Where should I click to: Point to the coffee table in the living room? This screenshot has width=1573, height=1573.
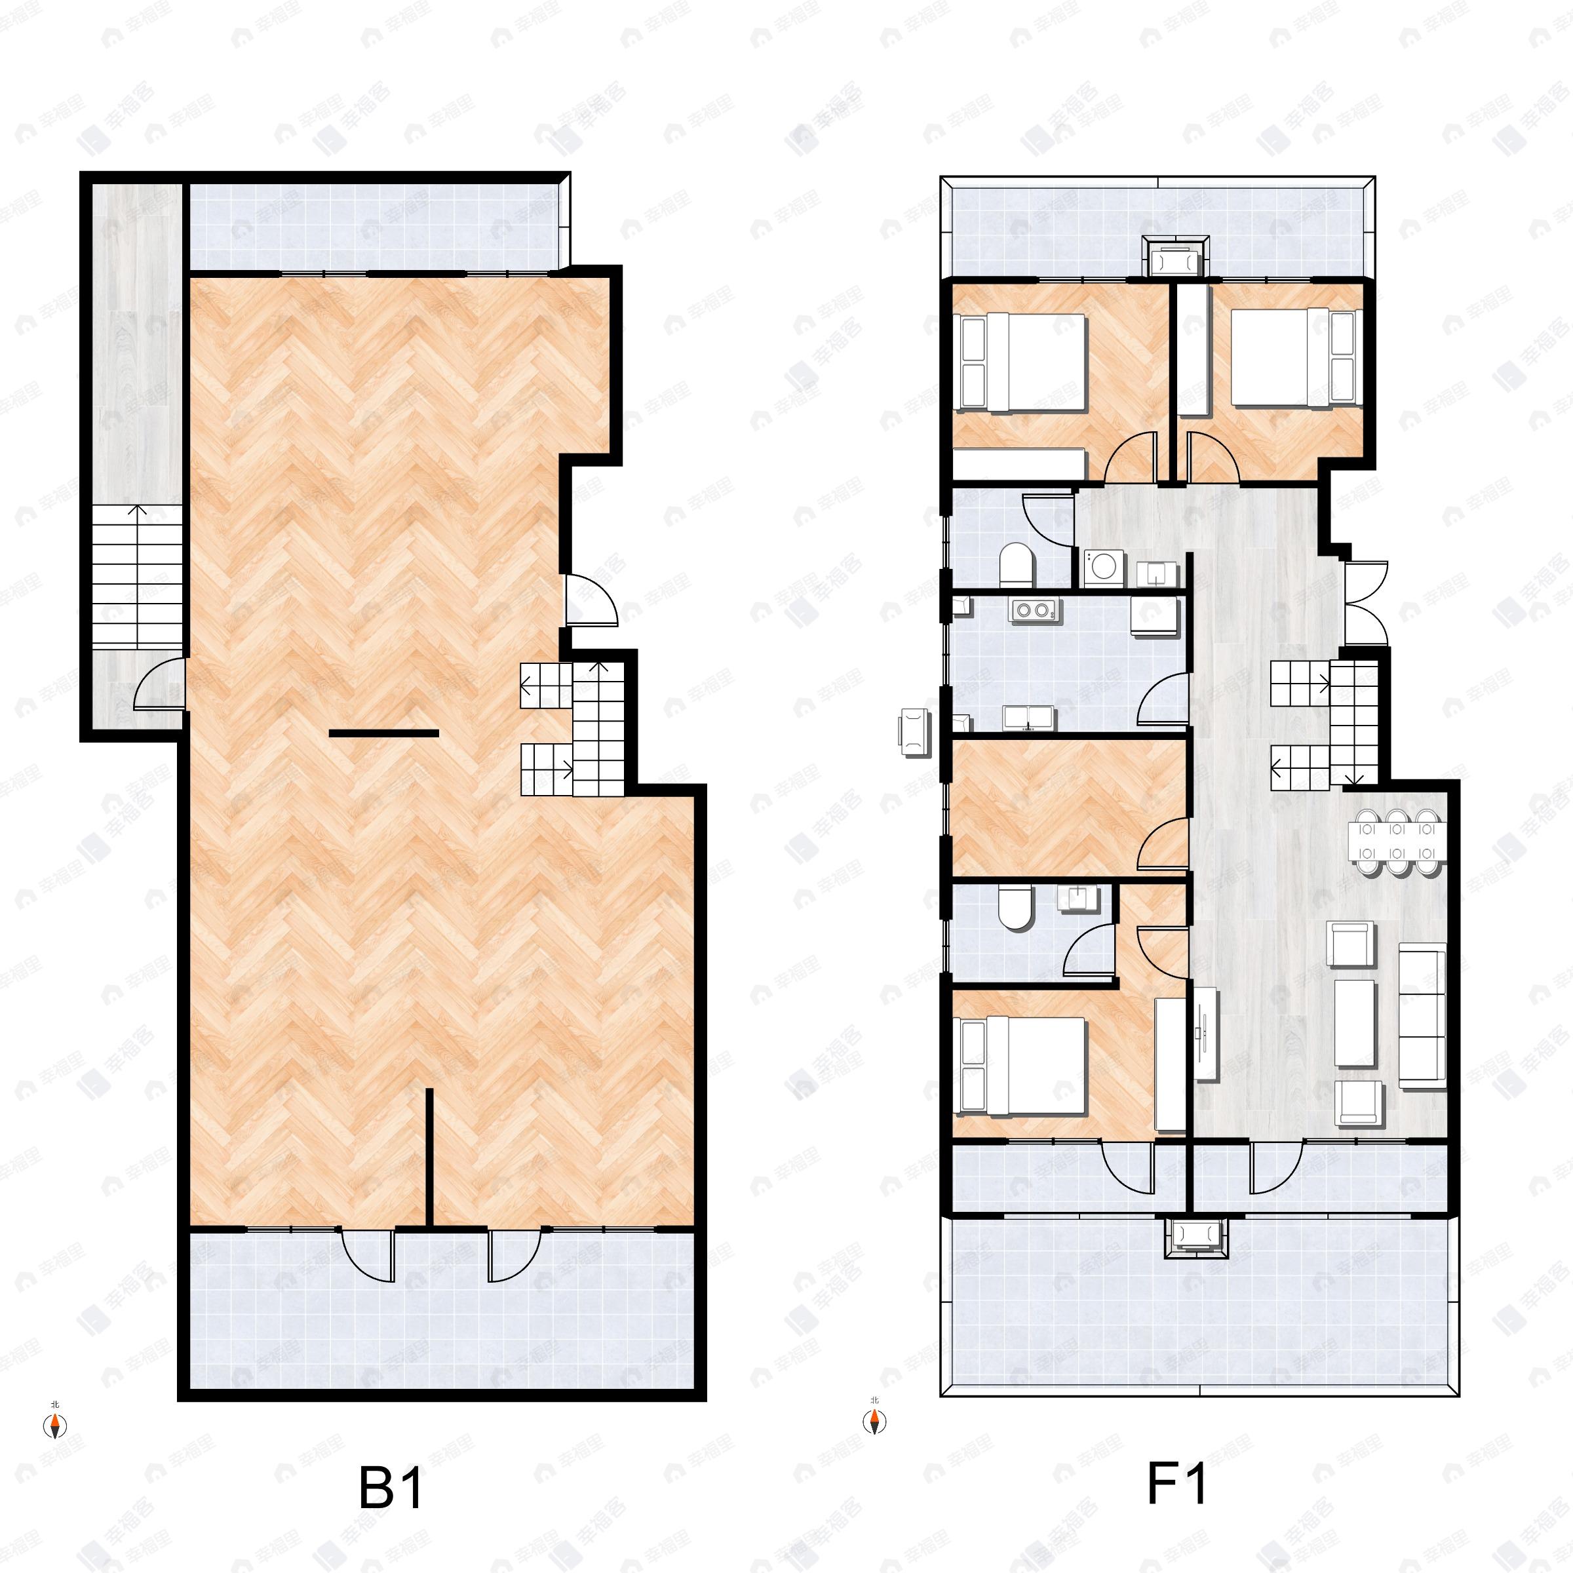tap(1355, 1022)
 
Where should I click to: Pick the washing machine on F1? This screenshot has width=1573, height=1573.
tap(1104, 568)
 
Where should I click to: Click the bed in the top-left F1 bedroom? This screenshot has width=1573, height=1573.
tap(1023, 362)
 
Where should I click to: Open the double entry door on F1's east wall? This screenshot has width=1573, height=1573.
tap(1365, 602)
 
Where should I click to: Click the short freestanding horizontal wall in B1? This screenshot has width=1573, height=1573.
tap(383, 733)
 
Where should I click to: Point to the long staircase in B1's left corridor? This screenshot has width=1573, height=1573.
tap(136, 577)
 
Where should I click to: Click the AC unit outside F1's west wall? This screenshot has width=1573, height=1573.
tap(914, 732)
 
